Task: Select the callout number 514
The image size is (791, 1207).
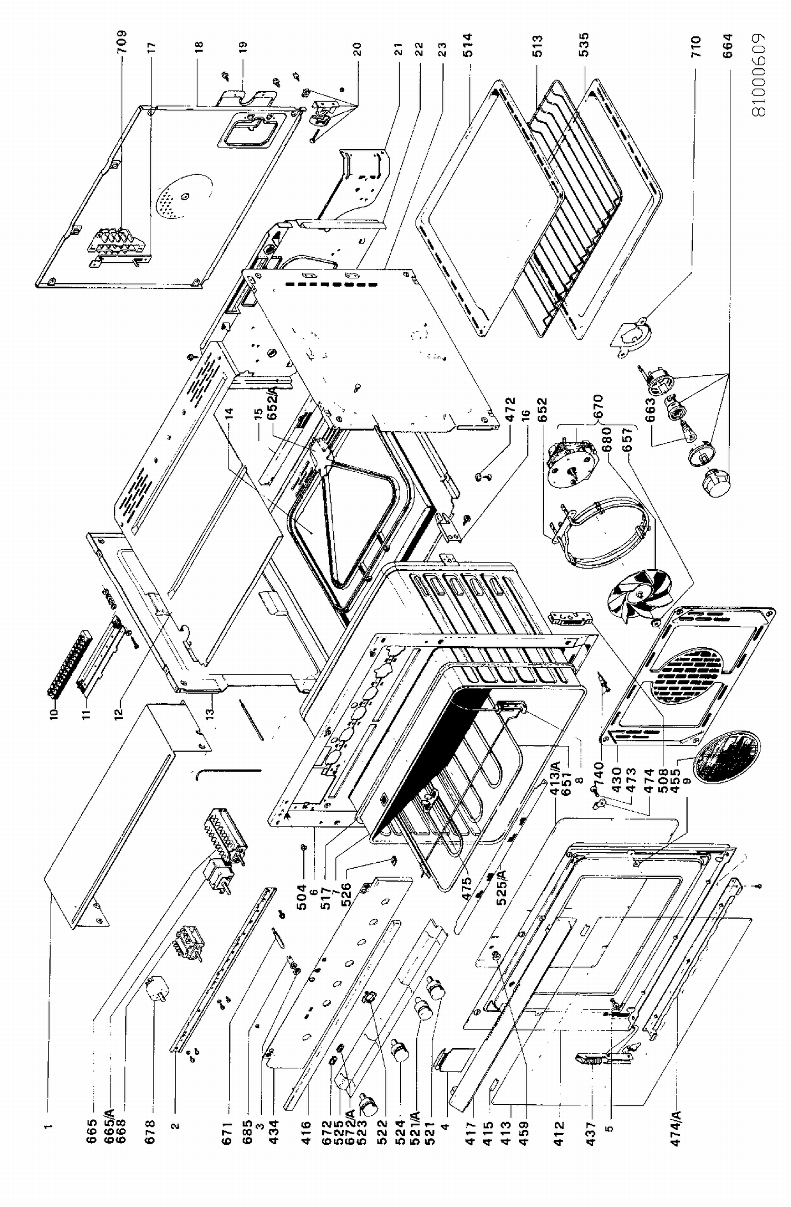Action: click(468, 45)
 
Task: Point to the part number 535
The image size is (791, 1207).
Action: click(584, 44)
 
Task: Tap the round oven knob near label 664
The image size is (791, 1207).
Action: click(716, 482)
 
